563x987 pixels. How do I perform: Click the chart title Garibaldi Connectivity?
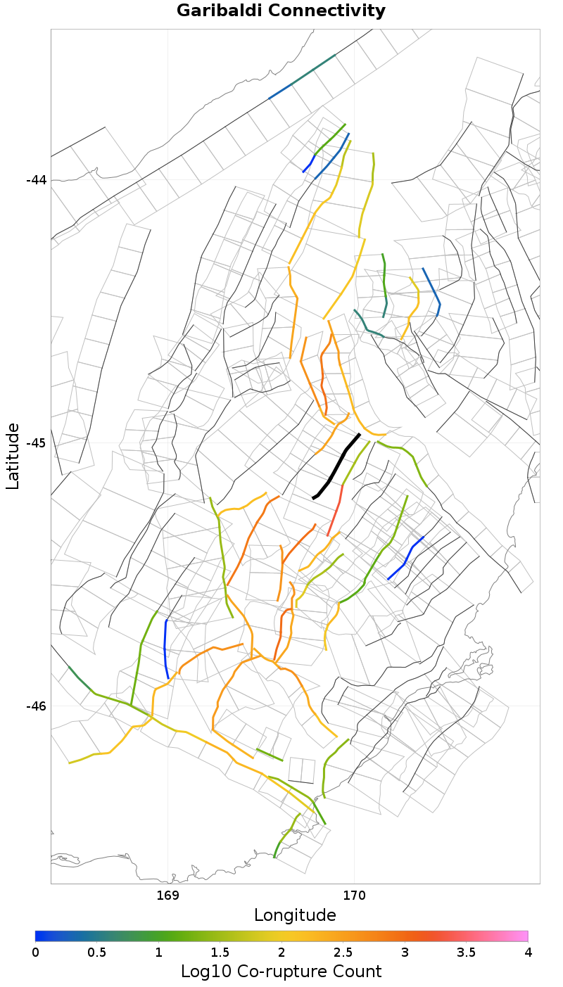point(281,11)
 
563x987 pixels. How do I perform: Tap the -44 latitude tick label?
point(36,179)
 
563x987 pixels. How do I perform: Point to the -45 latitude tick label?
point(36,442)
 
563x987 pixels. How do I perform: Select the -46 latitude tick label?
point(36,706)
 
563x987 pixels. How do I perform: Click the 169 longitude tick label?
point(167,896)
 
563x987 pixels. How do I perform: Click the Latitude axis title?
point(13,456)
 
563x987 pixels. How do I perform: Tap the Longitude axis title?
point(295,915)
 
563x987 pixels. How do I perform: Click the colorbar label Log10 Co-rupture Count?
point(281,972)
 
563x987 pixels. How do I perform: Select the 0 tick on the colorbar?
point(35,952)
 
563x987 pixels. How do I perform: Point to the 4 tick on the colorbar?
point(528,952)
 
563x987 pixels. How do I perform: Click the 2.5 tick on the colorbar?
point(343,952)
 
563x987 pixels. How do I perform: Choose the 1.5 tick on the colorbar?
point(220,952)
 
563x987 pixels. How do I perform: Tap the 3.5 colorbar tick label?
point(466,952)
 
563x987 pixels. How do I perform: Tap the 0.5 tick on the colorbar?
point(96,952)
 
